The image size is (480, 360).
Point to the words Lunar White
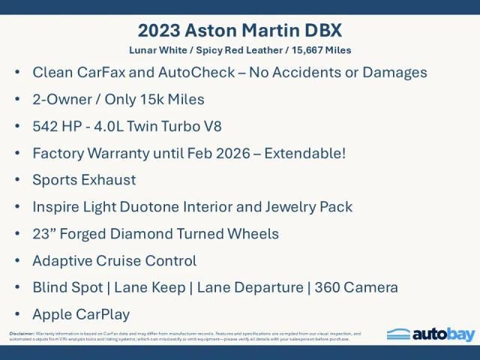pos(153,50)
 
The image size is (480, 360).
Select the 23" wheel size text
pos(45,234)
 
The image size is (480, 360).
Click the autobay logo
pos(430,334)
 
